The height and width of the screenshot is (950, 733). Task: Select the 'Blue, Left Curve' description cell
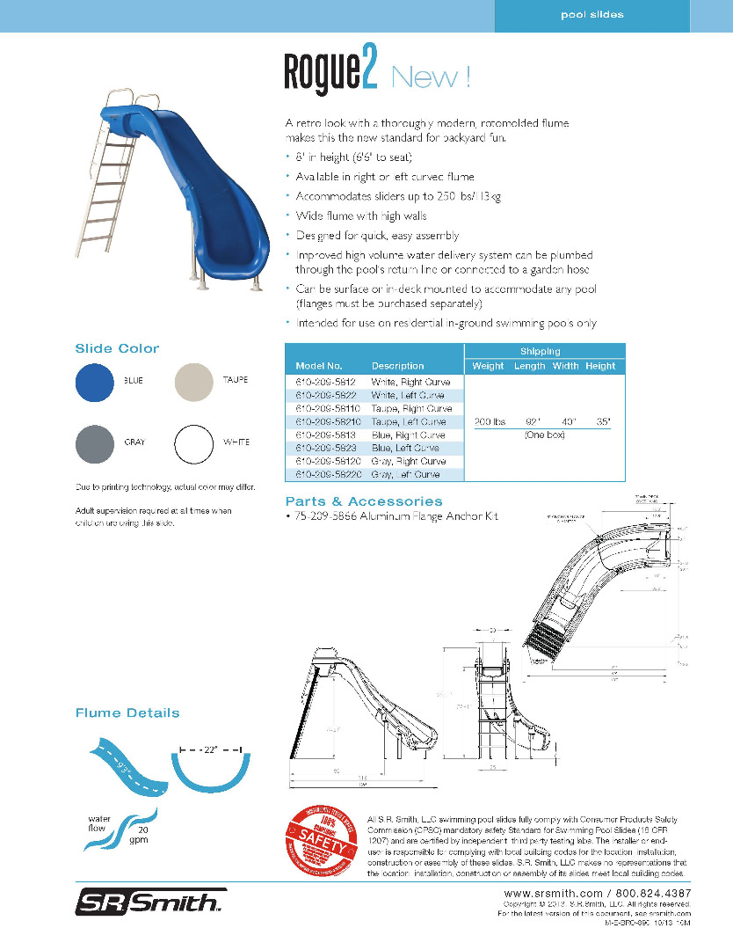click(405, 448)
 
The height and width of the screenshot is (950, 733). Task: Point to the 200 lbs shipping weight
click(489, 422)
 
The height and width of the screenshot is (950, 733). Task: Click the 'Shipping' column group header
click(541, 351)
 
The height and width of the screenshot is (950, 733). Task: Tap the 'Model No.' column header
click(319, 366)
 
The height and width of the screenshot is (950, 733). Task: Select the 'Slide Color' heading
click(117, 348)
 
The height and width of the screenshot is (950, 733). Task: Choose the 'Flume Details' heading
click(127, 712)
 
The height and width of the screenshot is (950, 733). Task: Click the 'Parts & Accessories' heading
click(364, 501)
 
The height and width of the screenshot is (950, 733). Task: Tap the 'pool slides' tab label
click(592, 15)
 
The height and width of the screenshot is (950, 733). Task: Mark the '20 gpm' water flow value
click(139, 835)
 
